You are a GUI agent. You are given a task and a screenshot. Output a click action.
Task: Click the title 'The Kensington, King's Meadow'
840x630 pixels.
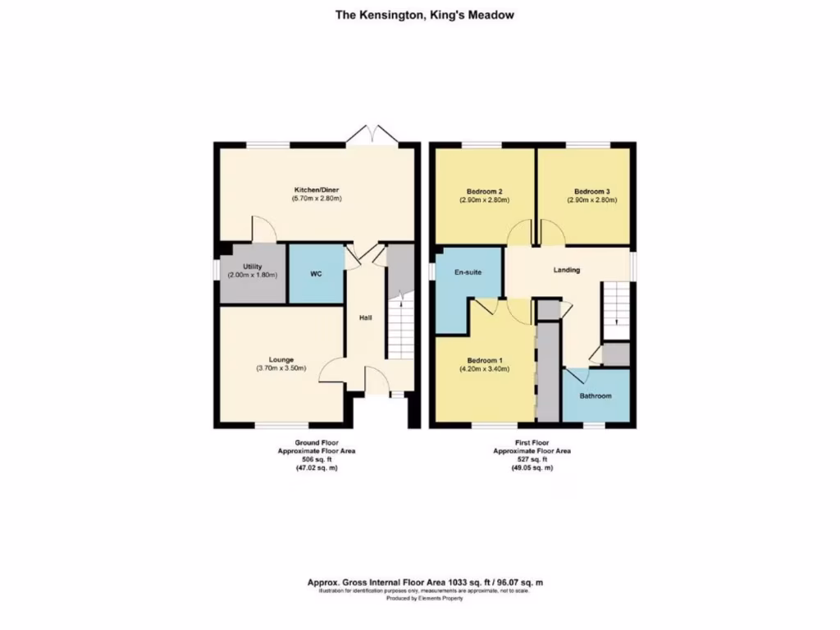coord(425,14)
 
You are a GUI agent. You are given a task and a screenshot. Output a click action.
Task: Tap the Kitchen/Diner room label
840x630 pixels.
coord(316,189)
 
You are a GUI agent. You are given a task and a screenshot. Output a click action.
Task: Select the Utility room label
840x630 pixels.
coord(252,267)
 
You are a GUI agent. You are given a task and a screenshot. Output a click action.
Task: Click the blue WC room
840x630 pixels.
coord(316,274)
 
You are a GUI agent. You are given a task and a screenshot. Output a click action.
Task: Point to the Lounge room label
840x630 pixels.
coord(281,359)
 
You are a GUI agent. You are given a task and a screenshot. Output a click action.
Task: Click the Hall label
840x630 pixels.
coord(366,317)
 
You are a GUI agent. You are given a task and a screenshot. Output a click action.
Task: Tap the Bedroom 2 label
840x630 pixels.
coord(482,191)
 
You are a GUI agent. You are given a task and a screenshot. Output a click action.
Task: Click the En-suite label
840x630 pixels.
coord(468,271)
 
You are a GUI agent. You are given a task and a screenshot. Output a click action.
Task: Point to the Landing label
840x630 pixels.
coord(567,270)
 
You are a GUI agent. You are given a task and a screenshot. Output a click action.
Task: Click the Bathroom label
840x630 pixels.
coord(596,396)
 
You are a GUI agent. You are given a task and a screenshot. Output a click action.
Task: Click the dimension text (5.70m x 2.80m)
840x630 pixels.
coord(316,199)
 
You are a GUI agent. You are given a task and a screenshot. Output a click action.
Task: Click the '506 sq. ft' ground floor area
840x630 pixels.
coord(317,459)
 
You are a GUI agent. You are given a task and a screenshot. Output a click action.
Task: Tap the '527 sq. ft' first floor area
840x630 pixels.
coord(532,459)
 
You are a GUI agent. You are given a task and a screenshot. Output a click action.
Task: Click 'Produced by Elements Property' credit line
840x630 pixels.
coord(424,599)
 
